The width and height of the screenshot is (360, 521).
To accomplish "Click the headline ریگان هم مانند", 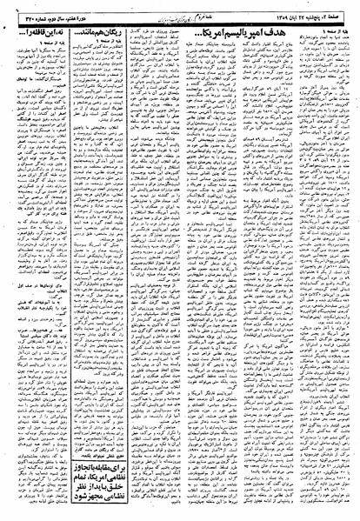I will tap(114, 30).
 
